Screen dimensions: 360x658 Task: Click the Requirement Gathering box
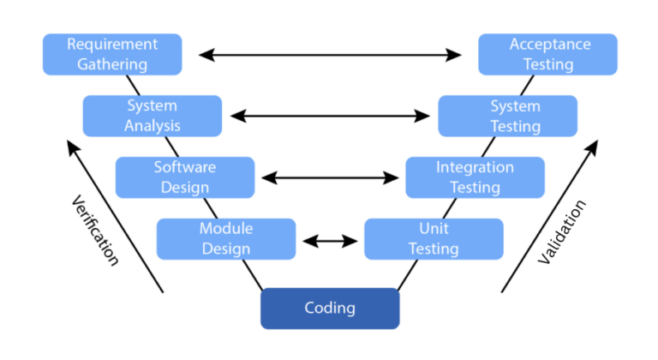[112, 54]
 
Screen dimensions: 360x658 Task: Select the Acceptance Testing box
[547, 54]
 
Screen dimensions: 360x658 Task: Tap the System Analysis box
[152, 116]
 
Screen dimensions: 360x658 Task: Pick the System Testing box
[507, 116]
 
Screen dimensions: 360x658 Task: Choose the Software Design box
[184, 177]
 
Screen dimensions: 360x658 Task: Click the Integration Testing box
[475, 177]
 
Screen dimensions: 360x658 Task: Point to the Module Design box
[225, 239]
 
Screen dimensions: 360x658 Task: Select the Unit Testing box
[434, 239]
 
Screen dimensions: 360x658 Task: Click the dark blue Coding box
[330, 308]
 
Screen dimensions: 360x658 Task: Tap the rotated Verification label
[93, 229]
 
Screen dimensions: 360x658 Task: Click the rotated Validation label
[563, 231]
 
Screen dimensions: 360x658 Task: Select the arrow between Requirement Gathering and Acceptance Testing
[330, 55]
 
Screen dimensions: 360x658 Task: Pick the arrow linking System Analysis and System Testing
[330, 116]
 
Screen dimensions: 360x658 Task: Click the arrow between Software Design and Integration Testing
[330, 178]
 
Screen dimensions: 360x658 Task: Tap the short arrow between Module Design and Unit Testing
[330, 240]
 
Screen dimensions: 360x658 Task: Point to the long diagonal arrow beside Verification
[115, 218]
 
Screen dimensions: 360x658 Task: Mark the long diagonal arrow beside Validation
[548, 218]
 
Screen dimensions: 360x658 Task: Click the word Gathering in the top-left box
[112, 64]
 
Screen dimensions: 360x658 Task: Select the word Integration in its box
[475, 167]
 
